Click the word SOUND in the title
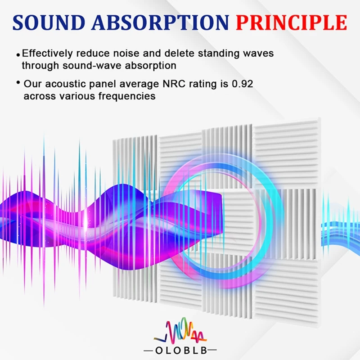(49, 22)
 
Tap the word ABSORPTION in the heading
(160, 22)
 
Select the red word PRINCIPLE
(291, 22)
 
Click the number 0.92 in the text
(243, 84)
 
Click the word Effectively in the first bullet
(47, 54)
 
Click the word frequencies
(127, 96)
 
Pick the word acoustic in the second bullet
(67, 84)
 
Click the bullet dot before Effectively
(18, 55)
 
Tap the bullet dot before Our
(18, 82)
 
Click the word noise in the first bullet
(126, 54)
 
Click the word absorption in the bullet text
(151, 66)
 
